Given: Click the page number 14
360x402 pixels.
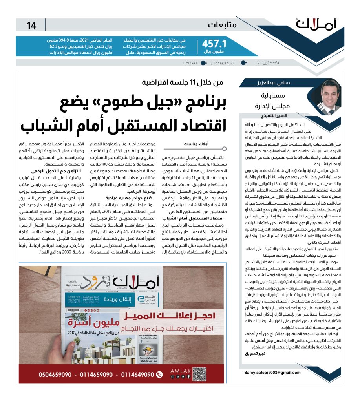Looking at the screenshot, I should [31, 26].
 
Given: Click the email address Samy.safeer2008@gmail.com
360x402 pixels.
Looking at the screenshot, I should [272, 372].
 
